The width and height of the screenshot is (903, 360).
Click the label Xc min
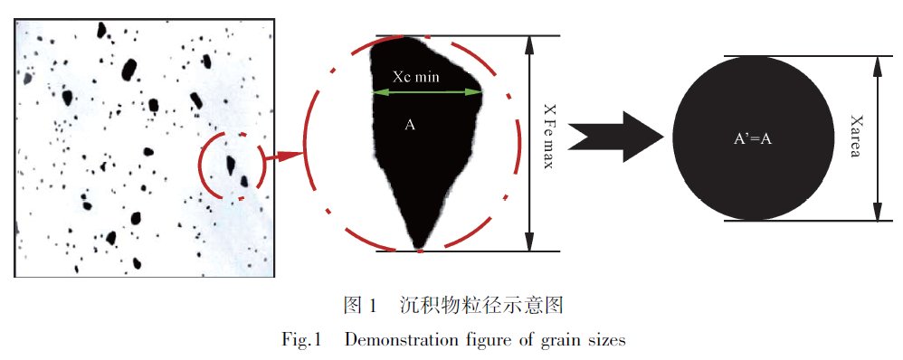pyautogui.click(x=415, y=77)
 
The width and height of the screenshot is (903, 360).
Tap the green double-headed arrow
pyautogui.click(x=427, y=92)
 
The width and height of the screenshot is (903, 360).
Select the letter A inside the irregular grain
pyautogui.click(x=410, y=125)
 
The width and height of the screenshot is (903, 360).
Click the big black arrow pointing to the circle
pyautogui.click(x=615, y=137)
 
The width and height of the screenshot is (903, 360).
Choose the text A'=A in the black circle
pyautogui.click(x=752, y=138)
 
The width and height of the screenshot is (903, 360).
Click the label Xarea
pyautogui.click(x=856, y=137)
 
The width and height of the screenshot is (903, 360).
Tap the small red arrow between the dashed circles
pyautogui.click(x=282, y=156)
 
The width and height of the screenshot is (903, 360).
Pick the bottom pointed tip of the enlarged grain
pyautogui.click(x=420, y=249)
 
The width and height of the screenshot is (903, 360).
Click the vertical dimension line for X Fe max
pyautogui.click(x=529, y=144)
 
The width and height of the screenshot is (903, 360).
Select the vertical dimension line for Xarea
pyautogui.click(x=878, y=138)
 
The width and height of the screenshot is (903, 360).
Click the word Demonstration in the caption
pyautogui.click(x=402, y=340)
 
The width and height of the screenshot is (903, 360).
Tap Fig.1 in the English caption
pyautogui.click(x=300, y=340)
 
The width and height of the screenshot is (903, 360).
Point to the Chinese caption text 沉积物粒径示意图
pyautogui.click(x=480, y=306)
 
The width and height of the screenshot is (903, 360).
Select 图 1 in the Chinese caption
pyautogui.click(x=359, y=306)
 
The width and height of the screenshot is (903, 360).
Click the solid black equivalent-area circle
pyautogui.click(x=752, y=138)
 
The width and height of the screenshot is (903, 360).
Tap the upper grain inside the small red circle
pyautogui.click(x=231, y=165)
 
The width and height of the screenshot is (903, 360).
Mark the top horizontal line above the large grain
pyautogui.click(x=468, y=35)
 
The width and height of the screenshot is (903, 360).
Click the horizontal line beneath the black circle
pyautogui.click(x=808, y=220)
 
